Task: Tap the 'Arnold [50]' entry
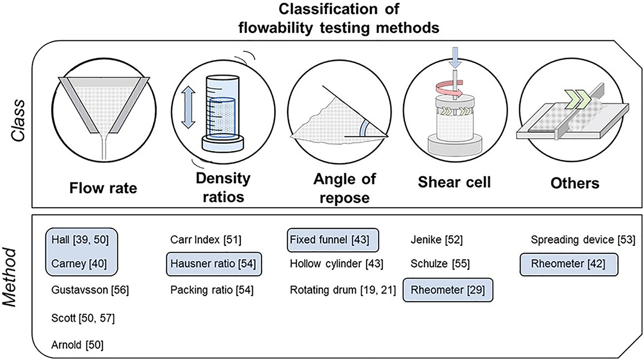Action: point(76,343)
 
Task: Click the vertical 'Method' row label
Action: point(16,284)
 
